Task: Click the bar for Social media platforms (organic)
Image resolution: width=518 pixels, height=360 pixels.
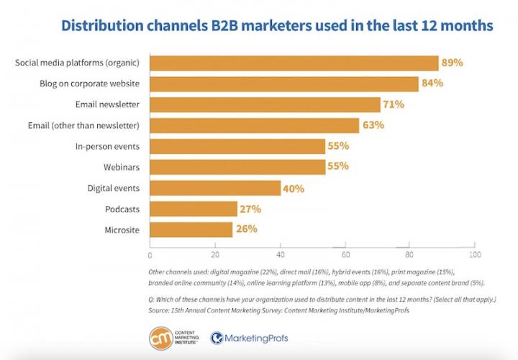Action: [x=294, y=63]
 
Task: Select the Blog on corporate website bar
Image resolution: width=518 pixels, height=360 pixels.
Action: [x=284, y=84]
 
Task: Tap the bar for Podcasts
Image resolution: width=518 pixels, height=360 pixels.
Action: [x=194, y=210]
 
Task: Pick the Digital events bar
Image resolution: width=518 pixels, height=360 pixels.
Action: [x=215, y=189]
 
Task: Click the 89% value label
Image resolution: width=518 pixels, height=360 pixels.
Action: [x=453, y=63]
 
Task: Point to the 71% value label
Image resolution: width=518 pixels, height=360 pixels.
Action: [x=394, y=105]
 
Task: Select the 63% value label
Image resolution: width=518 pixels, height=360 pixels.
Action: [x=373, y=126]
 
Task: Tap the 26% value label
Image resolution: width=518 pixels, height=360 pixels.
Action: [x=247, y=230]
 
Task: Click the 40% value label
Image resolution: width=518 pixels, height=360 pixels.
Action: [x=294, y=189]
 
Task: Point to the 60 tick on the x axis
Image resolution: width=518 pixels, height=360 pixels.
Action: [x=345, y=255]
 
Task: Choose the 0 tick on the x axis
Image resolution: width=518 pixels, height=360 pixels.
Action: [x=150, y=255]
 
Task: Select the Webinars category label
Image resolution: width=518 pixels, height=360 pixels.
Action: [x=122, y=168]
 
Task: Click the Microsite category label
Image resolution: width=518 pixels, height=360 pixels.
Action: [x=123, y=230]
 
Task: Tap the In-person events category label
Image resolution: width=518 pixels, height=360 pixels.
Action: [x=107, y=147]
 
